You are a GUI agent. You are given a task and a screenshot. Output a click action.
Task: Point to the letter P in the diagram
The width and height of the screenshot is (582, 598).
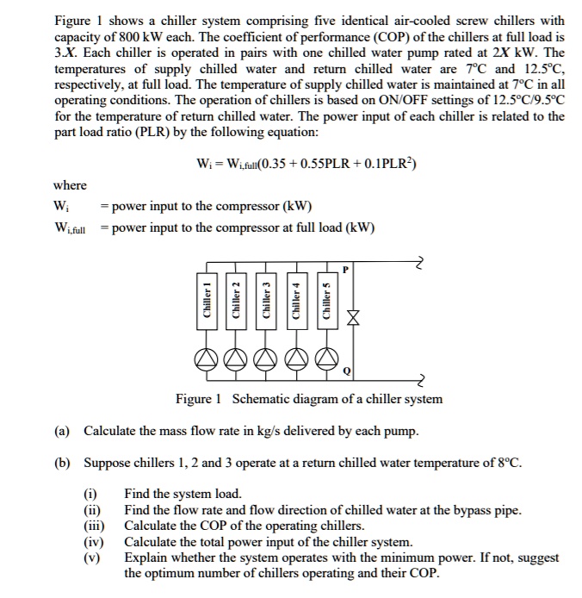point(345,270)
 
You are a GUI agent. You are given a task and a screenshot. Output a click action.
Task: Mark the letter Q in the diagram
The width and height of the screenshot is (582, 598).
point(346,371)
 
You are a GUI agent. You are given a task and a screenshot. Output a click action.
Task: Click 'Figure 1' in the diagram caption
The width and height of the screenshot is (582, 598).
point(199,399)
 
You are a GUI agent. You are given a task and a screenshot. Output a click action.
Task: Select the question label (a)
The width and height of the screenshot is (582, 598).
point(65,430)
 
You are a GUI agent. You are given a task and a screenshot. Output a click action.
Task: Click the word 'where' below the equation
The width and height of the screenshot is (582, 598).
point(70,185)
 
